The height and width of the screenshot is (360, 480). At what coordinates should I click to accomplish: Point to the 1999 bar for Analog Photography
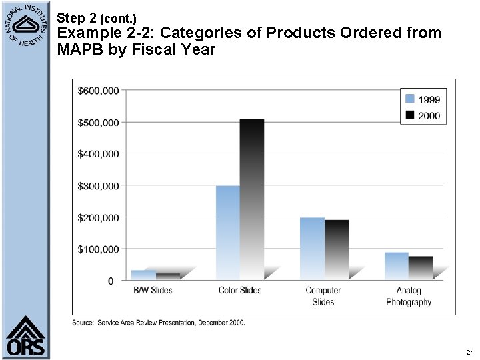click(396, 265)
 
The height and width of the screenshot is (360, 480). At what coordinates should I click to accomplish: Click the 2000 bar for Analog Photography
click(421, 267)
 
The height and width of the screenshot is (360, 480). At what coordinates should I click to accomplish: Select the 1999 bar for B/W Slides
click(143, 274)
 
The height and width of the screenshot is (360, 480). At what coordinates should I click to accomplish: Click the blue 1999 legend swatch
click(409, 99)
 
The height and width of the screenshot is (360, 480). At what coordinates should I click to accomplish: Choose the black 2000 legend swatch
click(409, 115)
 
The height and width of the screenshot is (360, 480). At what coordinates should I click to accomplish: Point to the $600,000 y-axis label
click(99, 90)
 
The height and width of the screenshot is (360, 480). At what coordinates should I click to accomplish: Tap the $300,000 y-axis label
click(99, 185)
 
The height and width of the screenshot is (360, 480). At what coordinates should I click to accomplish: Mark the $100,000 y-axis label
click(99, 249)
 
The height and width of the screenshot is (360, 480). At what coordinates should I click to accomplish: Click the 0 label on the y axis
click(110, 281)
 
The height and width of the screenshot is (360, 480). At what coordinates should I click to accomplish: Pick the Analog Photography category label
click(409, 296)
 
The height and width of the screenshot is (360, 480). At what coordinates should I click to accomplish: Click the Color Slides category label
click(240, 291)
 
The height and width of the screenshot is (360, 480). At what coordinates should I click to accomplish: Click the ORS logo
click(26, 337)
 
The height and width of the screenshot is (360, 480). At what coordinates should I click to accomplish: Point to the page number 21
click(470, 351)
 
